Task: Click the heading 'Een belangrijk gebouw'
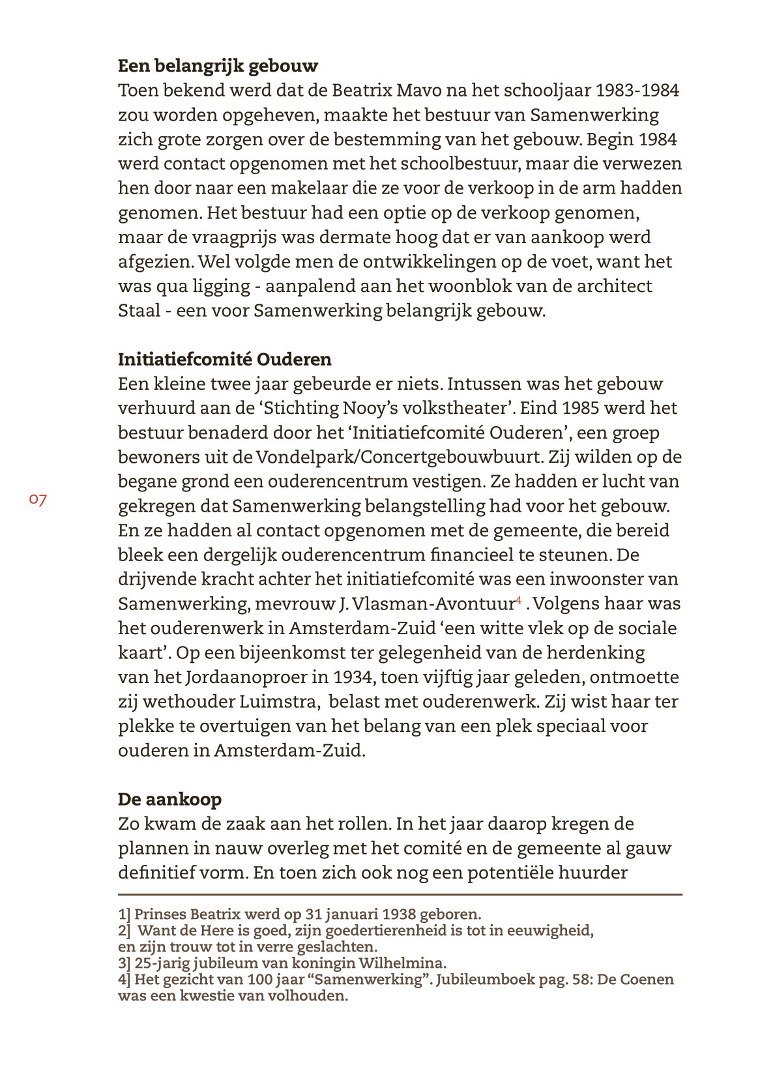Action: [218, 66]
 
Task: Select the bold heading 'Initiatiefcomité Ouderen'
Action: [224, 360]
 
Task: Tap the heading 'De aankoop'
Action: [169, 800]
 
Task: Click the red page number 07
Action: [38, 500]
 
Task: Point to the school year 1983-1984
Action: [637, 90]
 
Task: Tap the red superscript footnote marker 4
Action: [519, 600]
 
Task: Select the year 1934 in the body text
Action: [352, 678]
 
